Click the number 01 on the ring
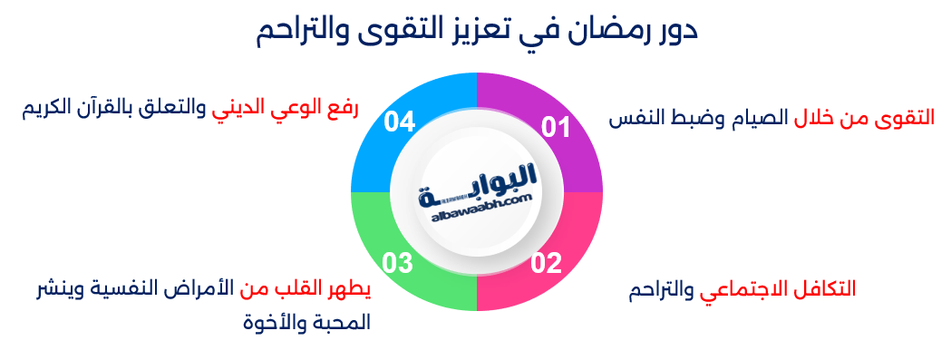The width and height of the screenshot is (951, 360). pyautogui.click(x=556, y=128)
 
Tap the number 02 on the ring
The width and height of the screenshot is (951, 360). pyautogui.click(x=547, y=264)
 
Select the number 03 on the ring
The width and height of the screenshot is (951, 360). pyautogui.click(x=398, y=264)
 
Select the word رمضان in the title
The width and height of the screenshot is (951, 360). pyautogui.click(x=586, y=32)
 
